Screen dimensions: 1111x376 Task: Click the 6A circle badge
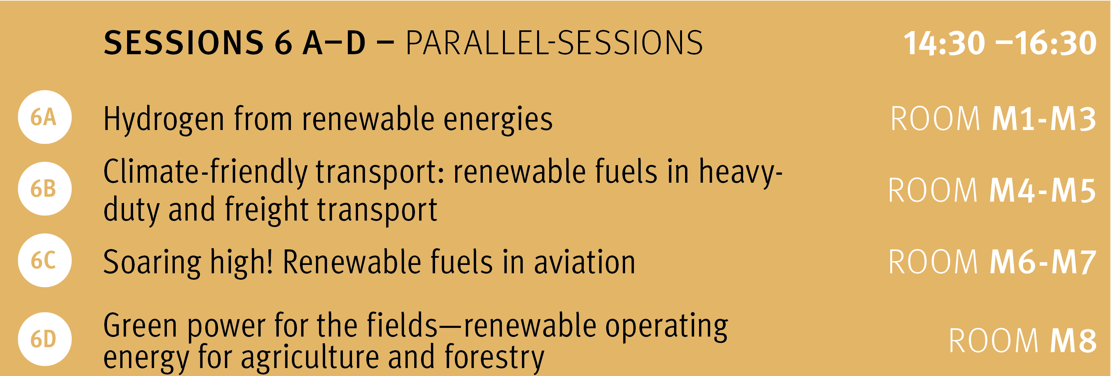(x=44, y=117)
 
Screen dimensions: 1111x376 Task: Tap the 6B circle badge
(x=44, y=188)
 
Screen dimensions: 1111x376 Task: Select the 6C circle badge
(x=44, y=260)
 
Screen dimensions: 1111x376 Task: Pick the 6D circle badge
(x=44, y=339)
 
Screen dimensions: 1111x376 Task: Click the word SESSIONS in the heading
(x=184, y=43)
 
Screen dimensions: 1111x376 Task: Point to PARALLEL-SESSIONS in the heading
(x=554, y=43)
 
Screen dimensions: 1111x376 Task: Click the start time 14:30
(x=944, y=43)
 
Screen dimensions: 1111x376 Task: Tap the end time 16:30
(x=1055, y=43)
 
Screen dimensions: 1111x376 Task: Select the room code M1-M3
(x=1044, y=119)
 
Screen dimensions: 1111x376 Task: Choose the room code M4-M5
(x=1042, y=190)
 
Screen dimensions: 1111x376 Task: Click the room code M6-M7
(x=1042, y=262)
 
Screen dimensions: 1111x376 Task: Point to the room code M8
(x=1073, y=341)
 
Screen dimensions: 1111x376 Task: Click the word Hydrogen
(x=164, y=119)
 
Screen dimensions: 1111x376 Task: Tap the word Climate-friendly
(x=205, y=172)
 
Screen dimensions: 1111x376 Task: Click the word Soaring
(x=152, y=263)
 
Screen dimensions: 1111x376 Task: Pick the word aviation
(x=585, y=262)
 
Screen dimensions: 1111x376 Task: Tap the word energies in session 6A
(x=498, y=119)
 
